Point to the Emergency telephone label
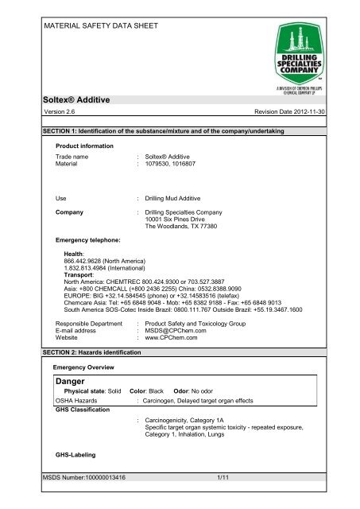click(87, 239)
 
